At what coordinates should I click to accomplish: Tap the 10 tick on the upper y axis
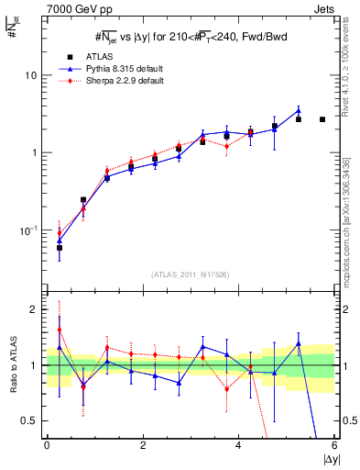(34, 75)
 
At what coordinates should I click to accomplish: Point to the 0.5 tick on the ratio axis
(32, 420)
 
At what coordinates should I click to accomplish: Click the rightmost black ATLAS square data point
(322, 119)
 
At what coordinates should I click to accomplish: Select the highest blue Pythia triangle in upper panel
(299, 111)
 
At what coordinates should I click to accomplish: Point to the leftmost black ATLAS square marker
(60, 248)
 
